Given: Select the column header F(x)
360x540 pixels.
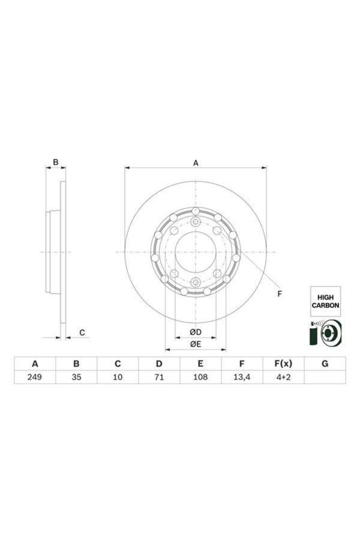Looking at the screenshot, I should [283, 364].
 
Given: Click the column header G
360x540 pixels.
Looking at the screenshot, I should [325, 364].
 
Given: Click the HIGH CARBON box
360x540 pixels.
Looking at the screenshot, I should [325, 301].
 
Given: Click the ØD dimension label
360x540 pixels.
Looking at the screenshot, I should [195, 332].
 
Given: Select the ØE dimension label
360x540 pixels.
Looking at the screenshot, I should [195, 344].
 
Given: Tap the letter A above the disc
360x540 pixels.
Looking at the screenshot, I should [196, 162].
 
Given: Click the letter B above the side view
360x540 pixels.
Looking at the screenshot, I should [56, 162].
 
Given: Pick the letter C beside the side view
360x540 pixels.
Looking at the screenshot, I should [82, 332].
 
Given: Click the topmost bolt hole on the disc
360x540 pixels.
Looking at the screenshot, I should [196, 211].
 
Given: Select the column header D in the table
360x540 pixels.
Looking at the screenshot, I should [159, 364].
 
